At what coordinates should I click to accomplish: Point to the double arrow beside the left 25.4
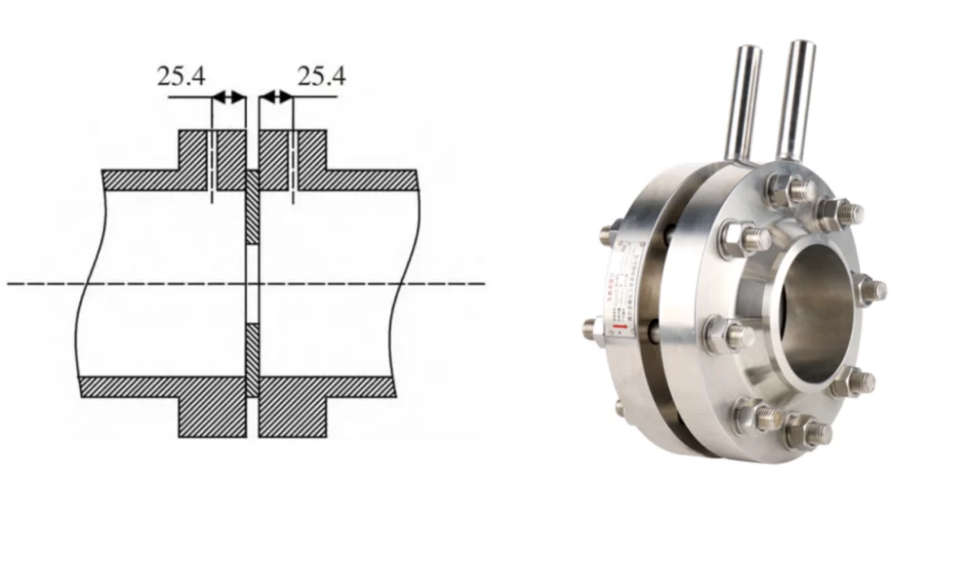(228, 96)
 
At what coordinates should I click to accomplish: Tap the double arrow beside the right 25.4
(275, 96)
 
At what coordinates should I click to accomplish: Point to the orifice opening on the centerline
(252, 283)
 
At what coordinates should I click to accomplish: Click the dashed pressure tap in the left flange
(212, 165)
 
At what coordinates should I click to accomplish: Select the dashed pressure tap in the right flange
(293, 165)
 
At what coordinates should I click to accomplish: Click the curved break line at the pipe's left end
(84, 283)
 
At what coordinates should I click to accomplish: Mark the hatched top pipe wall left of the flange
(142, 179)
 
